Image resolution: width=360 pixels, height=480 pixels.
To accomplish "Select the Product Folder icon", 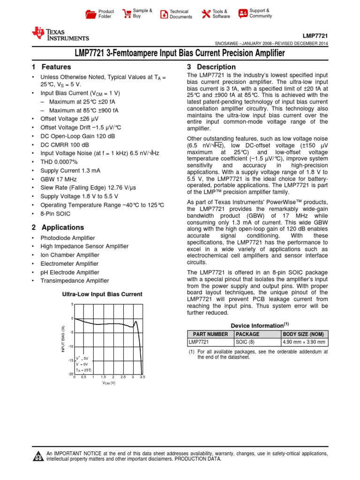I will [90, 14].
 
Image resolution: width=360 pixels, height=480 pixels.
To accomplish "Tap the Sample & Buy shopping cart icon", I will [126, 14].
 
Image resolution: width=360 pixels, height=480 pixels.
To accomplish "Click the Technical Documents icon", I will [164, 14].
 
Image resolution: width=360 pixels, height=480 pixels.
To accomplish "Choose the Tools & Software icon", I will [205, 14].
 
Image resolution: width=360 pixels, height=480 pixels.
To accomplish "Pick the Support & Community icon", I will [243, 14].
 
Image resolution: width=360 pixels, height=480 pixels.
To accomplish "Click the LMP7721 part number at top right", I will [315, 36].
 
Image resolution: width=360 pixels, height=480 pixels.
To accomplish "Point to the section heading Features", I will [56, 67].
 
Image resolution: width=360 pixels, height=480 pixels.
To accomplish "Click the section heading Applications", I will [63, 227].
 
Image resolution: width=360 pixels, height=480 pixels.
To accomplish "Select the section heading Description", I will [216, 67].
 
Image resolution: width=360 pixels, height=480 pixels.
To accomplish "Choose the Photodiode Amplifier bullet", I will [67, 238].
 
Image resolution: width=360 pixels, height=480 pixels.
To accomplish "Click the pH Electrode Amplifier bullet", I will [70, 272].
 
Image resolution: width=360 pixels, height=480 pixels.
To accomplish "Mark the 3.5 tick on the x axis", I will [142, 377].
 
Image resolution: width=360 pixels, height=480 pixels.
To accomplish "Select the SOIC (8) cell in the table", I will [245, 342].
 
